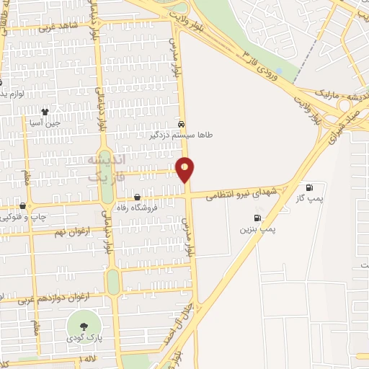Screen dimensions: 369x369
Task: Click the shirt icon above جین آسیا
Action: pyautogui.click(x=45, y=112)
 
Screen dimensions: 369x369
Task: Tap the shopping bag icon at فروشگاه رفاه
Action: pyautogui.click(x=138, y=196)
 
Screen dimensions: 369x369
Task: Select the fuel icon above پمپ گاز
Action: pyautogui.click(x=309, y=187)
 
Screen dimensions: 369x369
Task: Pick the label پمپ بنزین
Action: pyautogui.click(x=258, y=228)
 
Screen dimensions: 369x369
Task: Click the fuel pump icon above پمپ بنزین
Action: pyautogui.click(x=257, y=218)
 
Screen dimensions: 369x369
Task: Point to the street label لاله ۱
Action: pyautogui.click(x=86, y=358)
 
